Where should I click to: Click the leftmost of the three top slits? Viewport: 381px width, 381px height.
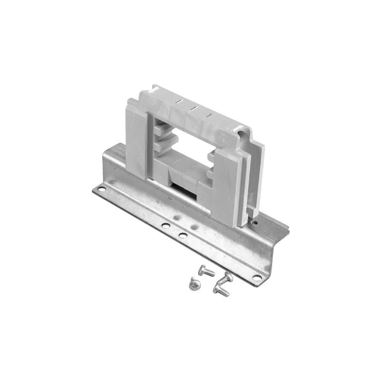click(x=178, y=102)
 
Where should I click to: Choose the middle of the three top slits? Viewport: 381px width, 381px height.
click(x=194, y=108)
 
